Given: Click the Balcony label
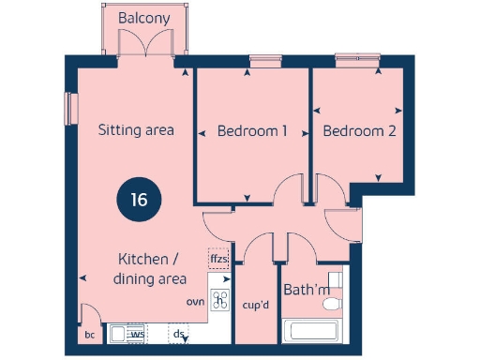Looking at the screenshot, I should [144, 18].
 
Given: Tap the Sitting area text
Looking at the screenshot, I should [136, 130].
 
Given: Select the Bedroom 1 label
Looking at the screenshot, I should [252, 131].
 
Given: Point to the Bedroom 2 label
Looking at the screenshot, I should [359, 131].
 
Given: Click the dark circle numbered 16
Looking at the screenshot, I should [139, 199].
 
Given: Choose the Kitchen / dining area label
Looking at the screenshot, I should [149, 268].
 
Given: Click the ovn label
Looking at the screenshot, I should [195, 301].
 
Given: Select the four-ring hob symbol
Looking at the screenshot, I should [221, 300].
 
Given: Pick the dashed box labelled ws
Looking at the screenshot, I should [137, 333].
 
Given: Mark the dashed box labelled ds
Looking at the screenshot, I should [178, 333].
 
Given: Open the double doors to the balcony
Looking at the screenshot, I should [144, 43].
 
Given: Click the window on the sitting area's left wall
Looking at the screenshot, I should [67, 108].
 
